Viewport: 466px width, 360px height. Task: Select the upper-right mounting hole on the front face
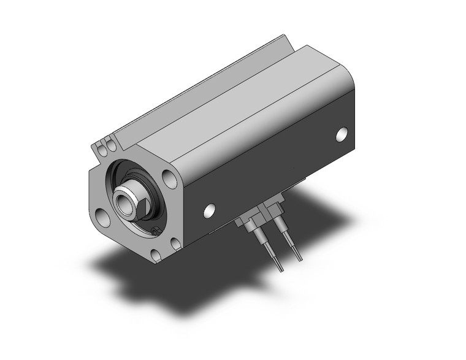coord(169,178)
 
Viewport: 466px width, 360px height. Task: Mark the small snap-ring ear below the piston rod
coord(154,230)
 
